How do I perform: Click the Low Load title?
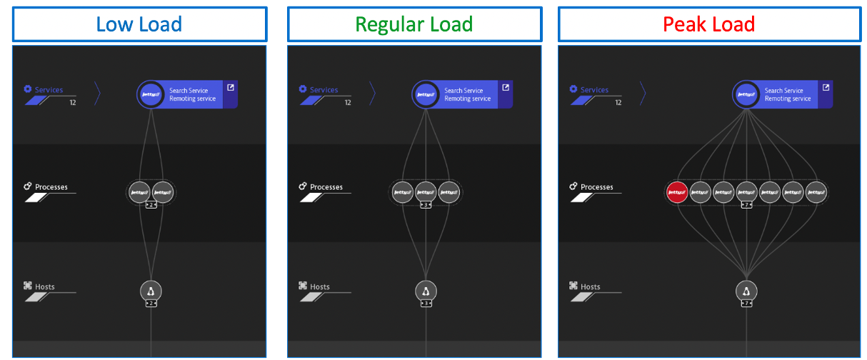[139, 24]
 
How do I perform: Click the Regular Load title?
[414, 24]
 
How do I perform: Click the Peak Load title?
[708, 24]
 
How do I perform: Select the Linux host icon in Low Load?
[151, 290]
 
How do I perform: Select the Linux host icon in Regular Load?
[426, 290]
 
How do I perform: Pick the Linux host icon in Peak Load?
[746, 290]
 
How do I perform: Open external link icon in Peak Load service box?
[826, 88]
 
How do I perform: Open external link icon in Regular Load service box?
[506, 88]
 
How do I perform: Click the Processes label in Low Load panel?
[51, 187]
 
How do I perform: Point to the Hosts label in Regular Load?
[320, 287]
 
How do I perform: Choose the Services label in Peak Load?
[594, 90]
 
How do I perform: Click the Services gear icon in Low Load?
[28, 89]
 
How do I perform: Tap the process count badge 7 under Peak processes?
[746, 205]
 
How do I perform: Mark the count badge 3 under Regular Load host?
[426, 304]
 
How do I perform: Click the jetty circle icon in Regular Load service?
[426, 94]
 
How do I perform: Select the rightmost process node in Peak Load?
[816, 191]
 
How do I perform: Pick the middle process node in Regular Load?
[426, 191]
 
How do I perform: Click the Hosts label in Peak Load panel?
[591, 287]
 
